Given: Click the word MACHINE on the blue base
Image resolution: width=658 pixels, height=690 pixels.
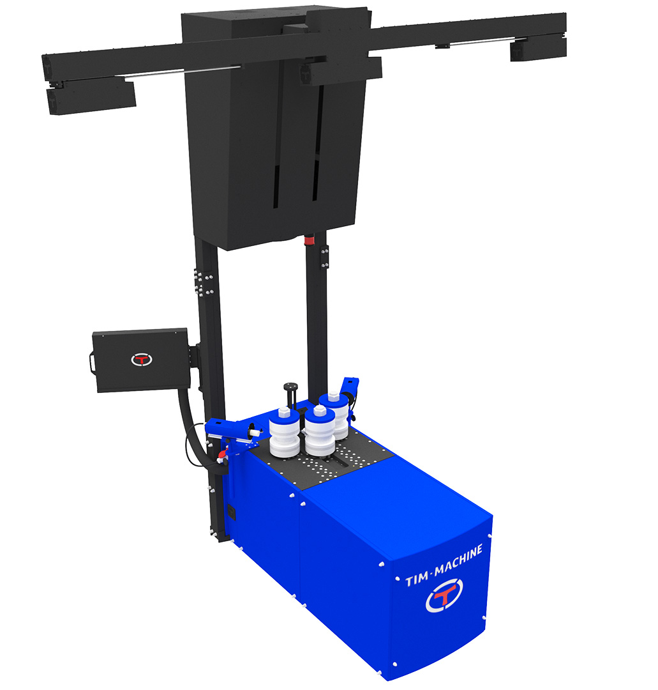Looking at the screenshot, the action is pyautogui.click(x=458, y=560).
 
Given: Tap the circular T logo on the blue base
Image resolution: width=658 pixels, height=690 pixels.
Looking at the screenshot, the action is pyautogui.click(x=444, y=595).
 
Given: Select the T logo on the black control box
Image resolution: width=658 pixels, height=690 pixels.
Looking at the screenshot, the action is pyautogui.click(x=142, y=360).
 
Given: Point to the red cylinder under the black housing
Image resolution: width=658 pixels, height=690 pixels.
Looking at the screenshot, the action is pyautogui.click(x=310, y=240).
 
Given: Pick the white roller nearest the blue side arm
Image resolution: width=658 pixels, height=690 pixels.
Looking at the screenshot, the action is pyautogui.click(x=285, y=433).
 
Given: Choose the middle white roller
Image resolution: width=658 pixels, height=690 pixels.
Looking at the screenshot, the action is pyautogui.click(x=320, y=431).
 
